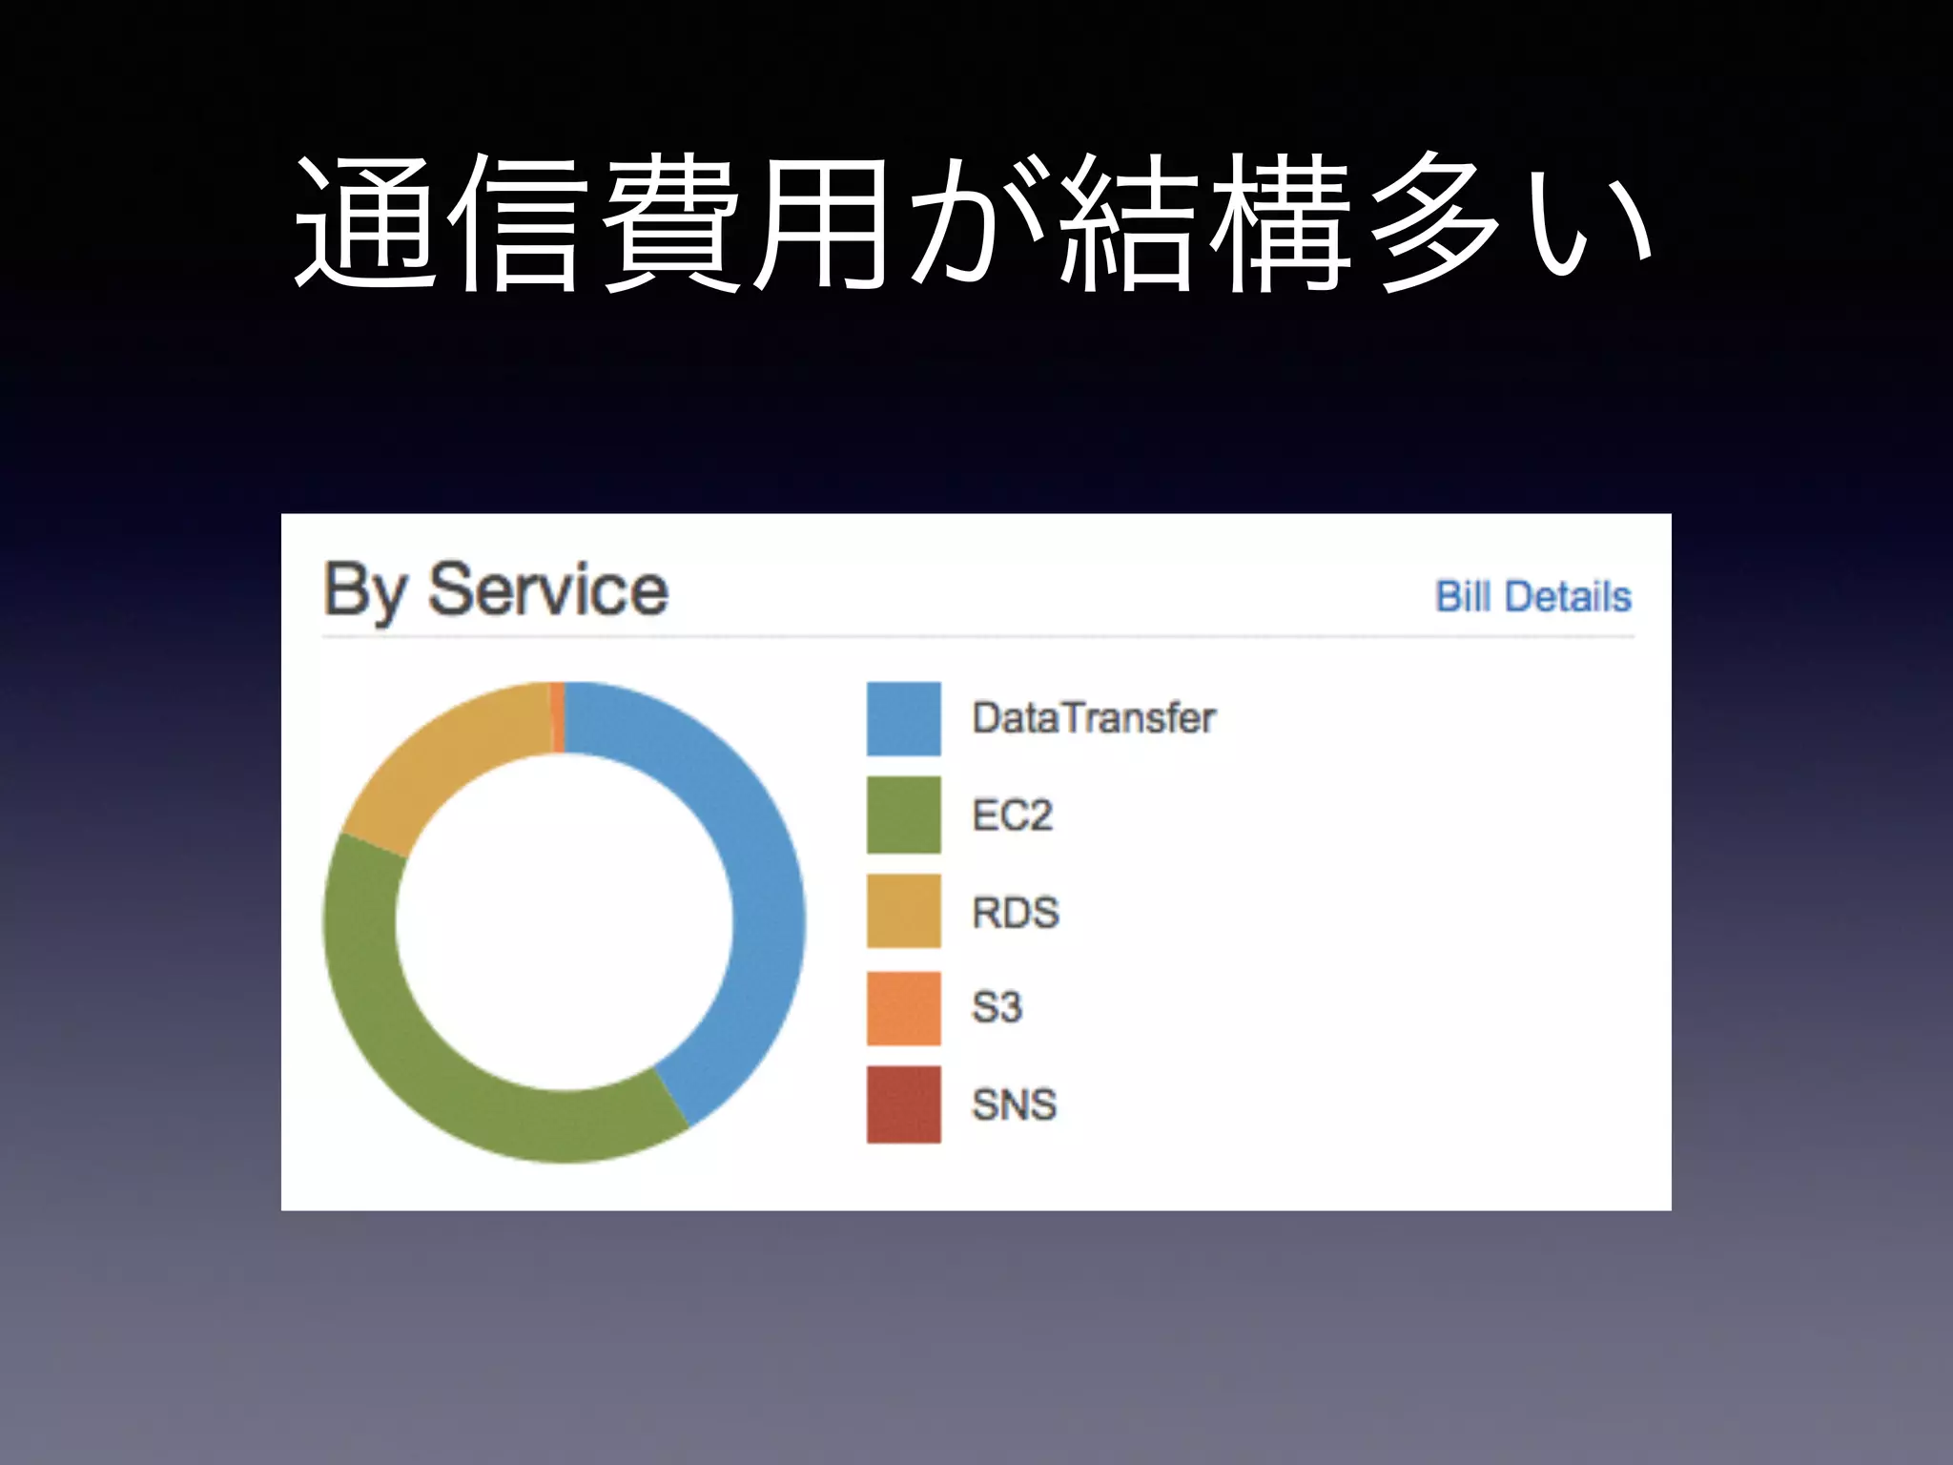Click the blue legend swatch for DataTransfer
tap(903, 718)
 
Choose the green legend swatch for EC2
tap(903, 815)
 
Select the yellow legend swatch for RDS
tap(903, 911)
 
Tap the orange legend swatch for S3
tap(903, 1008)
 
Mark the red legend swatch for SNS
tap(903, 1104)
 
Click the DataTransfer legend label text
tap(1094, 718)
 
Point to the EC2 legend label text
tap(1012, 815)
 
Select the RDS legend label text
tap(1016, 913)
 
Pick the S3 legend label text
tap(997, 1008)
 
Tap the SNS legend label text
tap(1014, 1105)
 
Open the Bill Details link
tap(1533, 597)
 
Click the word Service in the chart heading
tap(548, 590)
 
